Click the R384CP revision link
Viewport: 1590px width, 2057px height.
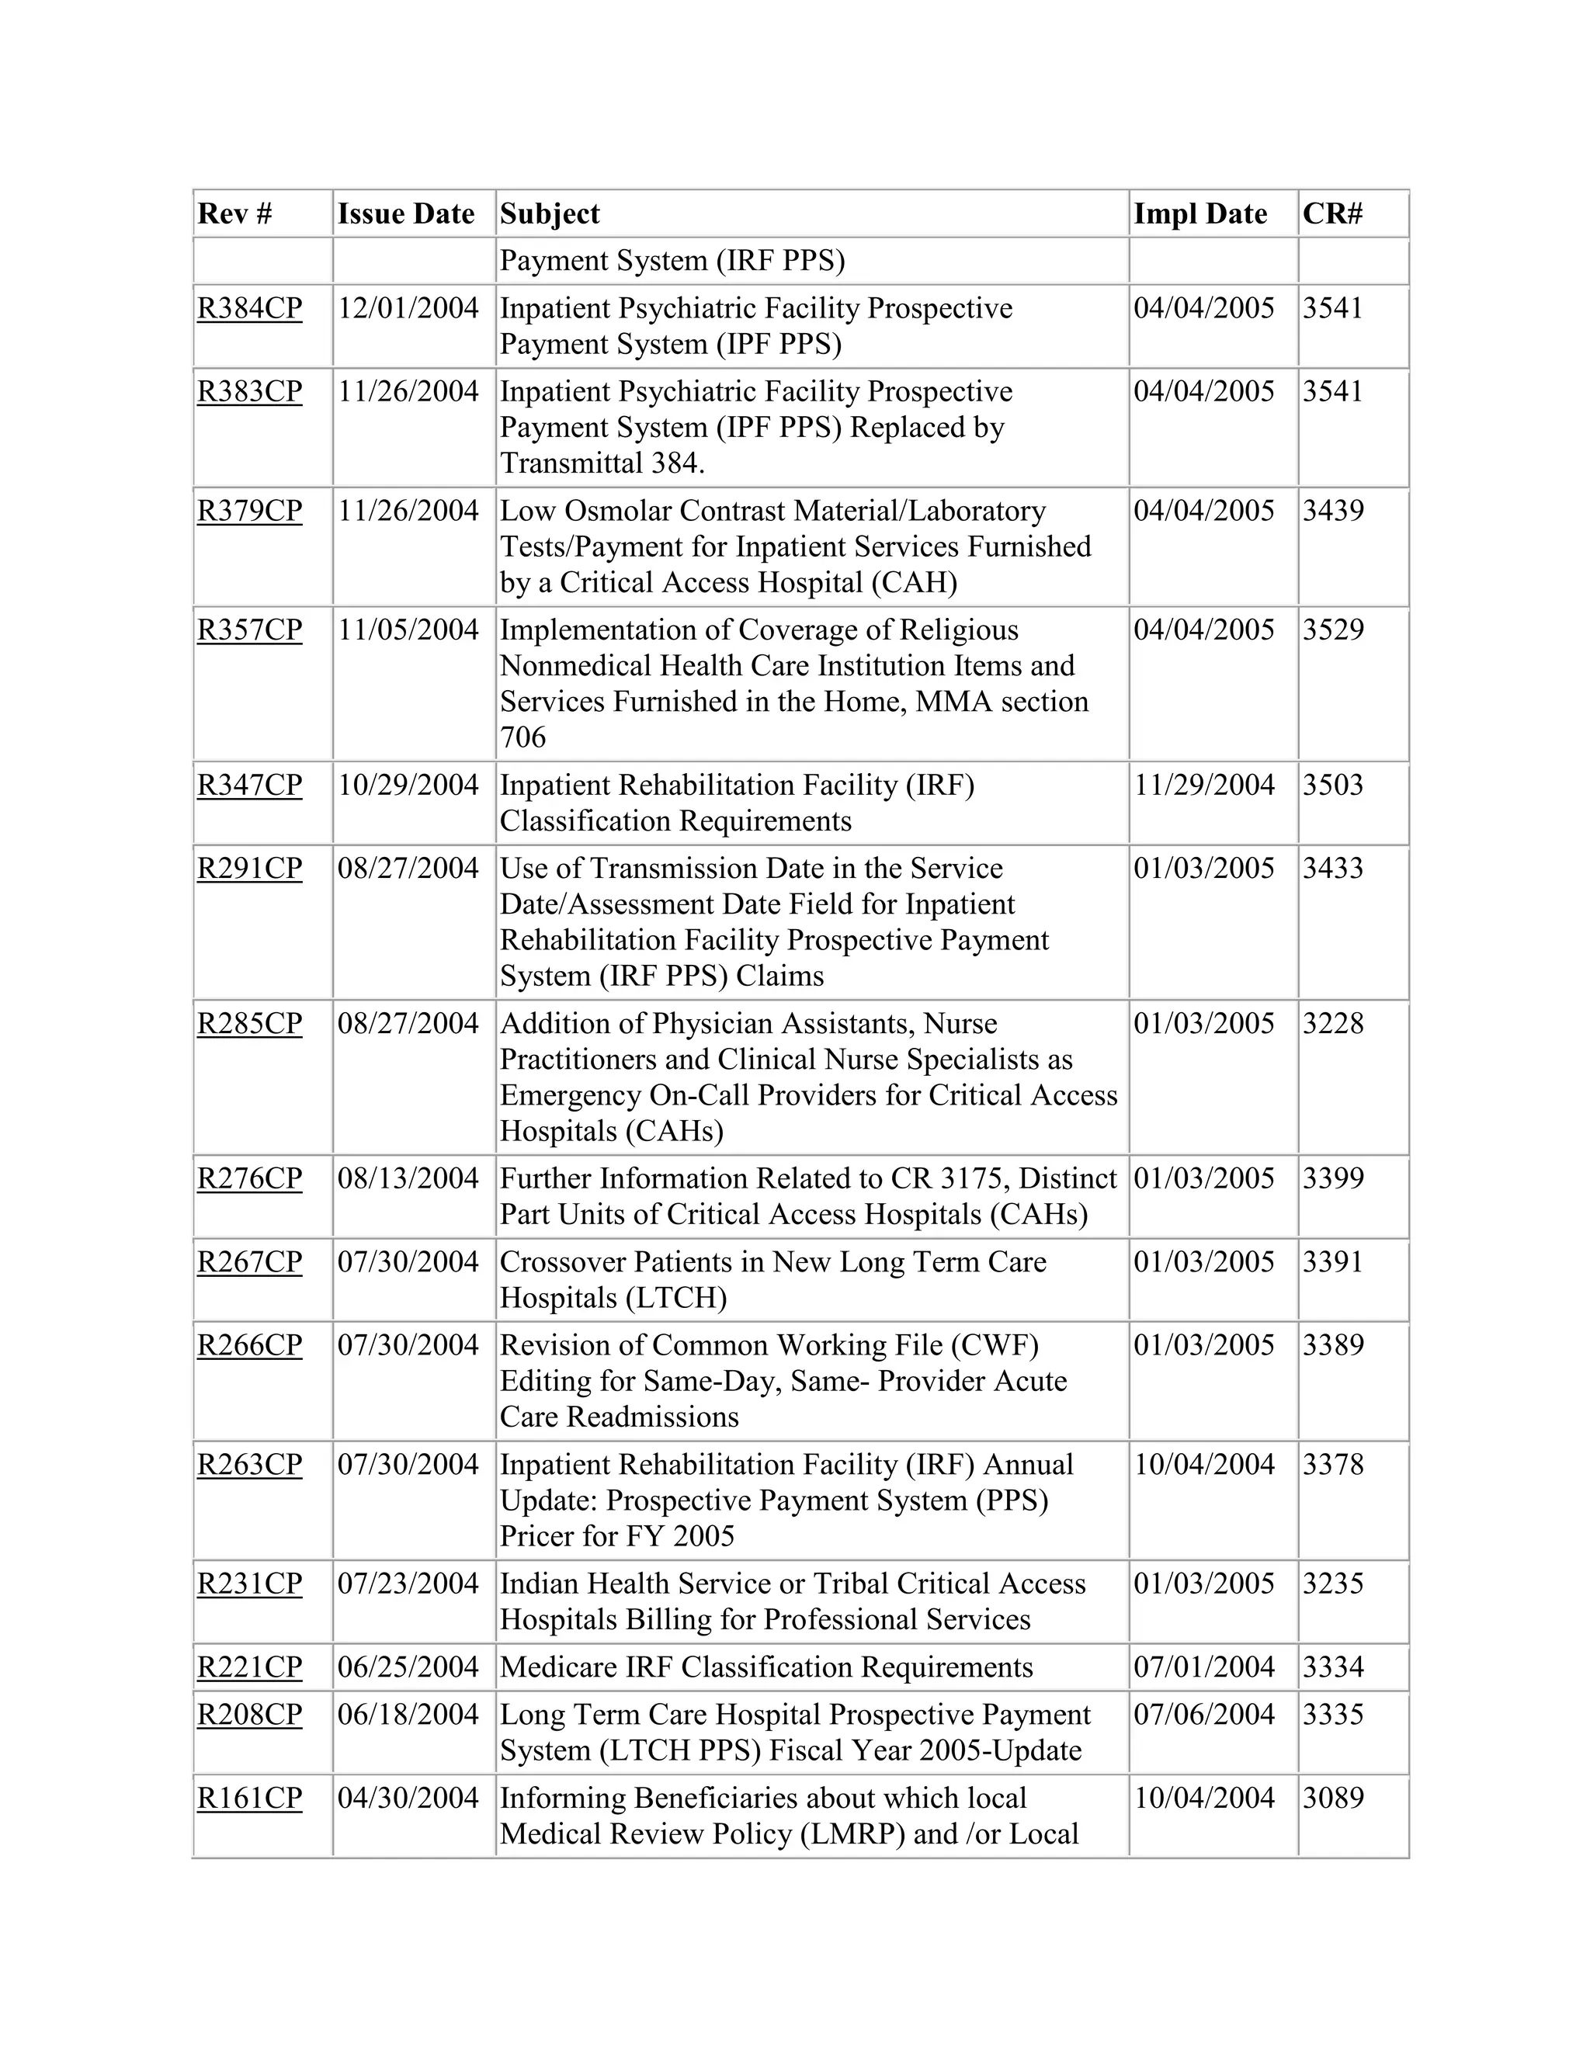click(250, 309)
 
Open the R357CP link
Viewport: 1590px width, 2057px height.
click(250, 630)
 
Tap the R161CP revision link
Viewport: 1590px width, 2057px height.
click(250, 1798)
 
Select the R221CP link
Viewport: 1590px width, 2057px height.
click(250, 1667)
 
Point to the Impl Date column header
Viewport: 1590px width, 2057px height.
click(1200, 213)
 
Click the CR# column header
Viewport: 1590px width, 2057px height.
click(1332, 213)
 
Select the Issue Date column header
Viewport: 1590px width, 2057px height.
click(406, 213)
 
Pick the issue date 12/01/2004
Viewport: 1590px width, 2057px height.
click(408, 309)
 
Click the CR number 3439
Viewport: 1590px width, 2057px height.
click(1333, 512)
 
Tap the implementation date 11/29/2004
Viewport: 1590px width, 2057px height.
click(1204, 786)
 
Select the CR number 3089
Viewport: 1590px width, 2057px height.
click(1333, 1798)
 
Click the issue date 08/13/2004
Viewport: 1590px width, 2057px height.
click(408, 1179)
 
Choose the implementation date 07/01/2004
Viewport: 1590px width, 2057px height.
click(1204, 1667)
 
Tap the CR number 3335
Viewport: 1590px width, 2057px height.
click(1333, 1714)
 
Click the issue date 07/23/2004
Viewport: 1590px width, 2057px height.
click(408, 1584)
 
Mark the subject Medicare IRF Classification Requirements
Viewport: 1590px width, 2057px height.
click(765, 1667)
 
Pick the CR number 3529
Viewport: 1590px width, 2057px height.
click(1333, 630)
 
